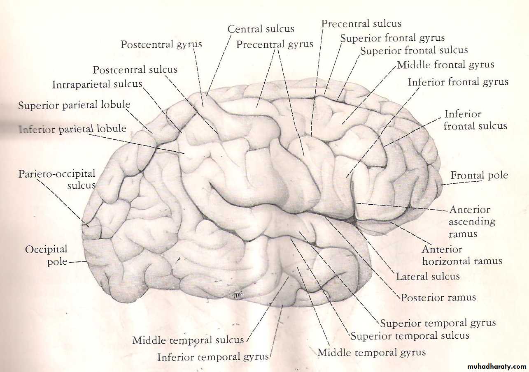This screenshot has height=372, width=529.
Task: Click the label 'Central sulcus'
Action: pos(261,29)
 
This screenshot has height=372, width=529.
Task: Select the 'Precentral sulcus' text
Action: pos(361,23)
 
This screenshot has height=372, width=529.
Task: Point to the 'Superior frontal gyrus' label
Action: pos(392,38)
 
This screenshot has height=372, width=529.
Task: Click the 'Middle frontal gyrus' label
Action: pos(445,65)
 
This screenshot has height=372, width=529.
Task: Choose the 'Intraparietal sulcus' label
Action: pos(97,84)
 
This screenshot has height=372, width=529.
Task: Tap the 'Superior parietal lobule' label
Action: pos(74,105)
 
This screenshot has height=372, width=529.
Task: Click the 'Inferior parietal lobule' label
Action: pos(72,129)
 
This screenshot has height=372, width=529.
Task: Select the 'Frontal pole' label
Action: pos(480,176)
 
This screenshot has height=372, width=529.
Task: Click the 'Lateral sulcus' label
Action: pos(428,277)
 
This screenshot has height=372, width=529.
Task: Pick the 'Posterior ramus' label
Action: pos(438,298)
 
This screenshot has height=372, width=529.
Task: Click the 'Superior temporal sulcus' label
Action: pos(410,336)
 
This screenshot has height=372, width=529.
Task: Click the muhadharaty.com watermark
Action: pos(492,367)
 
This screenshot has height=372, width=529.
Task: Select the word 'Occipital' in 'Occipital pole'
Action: pos(46,250)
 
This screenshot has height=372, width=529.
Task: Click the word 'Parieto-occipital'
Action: pos(57,174)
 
